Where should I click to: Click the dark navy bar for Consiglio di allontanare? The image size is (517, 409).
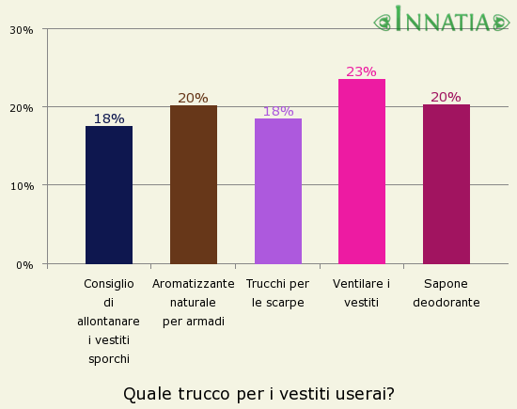(x=109, y=195)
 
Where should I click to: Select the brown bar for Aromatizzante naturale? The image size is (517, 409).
(x=194, y=184)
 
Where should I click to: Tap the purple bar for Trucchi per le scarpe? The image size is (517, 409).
(x=278, y=191)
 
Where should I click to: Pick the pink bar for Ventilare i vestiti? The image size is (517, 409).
(x=362, y=171)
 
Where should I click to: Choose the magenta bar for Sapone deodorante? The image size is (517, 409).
(x=446, y=184)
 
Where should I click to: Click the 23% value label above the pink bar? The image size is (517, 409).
(x=361, y=71)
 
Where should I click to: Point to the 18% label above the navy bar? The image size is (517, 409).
(x=109, y=118)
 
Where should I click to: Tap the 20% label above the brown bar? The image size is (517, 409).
(x=193, y=98)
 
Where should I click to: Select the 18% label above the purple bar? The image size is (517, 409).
(x=278, y=111)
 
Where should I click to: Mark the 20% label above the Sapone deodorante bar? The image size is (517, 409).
(x=446, y=97)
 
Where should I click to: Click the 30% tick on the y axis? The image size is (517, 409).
(x=22, y=30)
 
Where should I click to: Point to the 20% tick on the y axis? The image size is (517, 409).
(x=22, y=108)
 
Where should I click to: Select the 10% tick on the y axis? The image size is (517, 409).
(x=22, y=186)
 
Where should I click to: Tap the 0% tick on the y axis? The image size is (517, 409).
(x=25, y=265)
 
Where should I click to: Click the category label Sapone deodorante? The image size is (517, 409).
(x=446, y=293)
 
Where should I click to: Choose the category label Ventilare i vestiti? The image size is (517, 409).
(x=362, y=293)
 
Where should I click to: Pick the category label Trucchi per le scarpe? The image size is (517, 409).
(x=277, y=293)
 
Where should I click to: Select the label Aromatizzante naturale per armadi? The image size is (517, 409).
(x=194, y=303)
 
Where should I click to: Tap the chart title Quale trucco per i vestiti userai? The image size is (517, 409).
(x=258, y=393)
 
